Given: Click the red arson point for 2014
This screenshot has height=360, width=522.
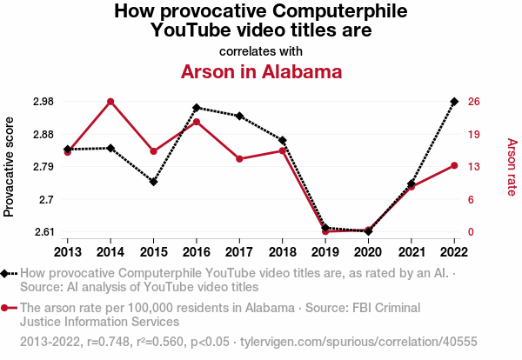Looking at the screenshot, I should (x=110, y=102).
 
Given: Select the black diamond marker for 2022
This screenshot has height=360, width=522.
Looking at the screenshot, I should (x=454, y=102).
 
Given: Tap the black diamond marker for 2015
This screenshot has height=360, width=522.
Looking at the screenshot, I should (x=153, y=182).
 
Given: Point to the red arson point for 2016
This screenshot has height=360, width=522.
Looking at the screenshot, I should (x=197, y=122).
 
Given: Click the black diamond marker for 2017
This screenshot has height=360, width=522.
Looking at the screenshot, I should (x=239, y=116).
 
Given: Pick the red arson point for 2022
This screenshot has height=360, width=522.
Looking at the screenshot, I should (x=454, y=165).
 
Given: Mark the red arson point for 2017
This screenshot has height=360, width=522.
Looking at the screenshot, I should (x=239, y=159).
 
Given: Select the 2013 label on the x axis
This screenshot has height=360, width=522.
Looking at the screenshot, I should (x=68, y=252).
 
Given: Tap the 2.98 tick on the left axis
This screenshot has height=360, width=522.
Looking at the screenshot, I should (x=42, y=102).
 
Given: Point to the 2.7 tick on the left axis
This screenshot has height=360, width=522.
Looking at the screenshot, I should (x=45, y=199).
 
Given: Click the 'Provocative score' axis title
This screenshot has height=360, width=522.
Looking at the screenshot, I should (x=10, y=165).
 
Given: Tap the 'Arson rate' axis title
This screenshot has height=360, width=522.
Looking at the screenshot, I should (x=512, y=166).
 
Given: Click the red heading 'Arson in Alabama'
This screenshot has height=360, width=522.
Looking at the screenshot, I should (x=261, y=71).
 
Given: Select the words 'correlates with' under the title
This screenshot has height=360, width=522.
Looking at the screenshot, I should (x=261, y=51).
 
